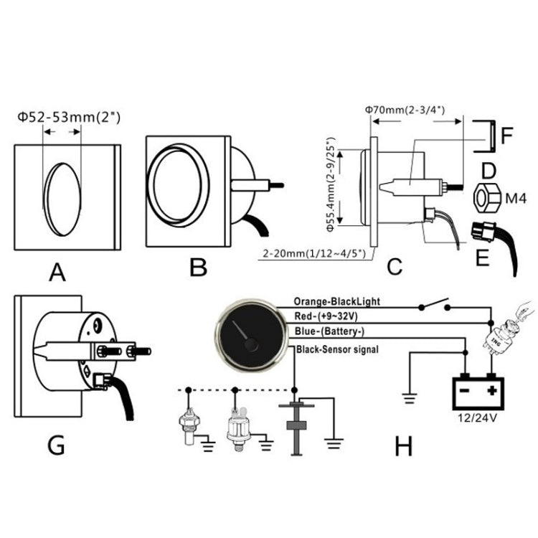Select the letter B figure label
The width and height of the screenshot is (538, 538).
click(x=198, y=268)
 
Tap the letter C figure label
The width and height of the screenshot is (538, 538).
click(x=394, y=267)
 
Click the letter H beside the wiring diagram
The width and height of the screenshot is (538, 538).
click(x=404, y=446)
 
